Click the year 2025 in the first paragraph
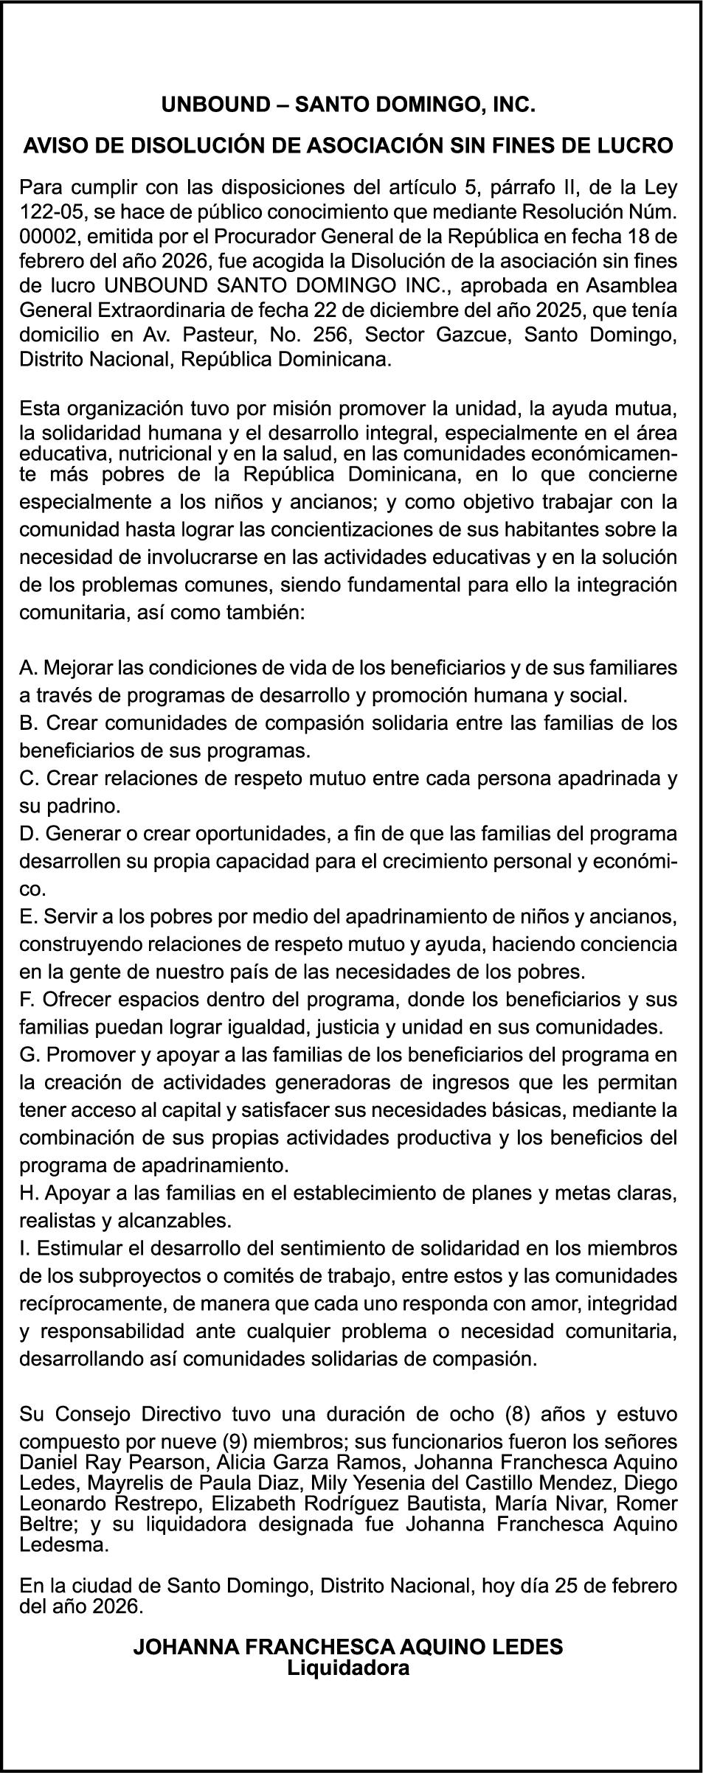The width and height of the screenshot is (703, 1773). (x=513, y=311)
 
